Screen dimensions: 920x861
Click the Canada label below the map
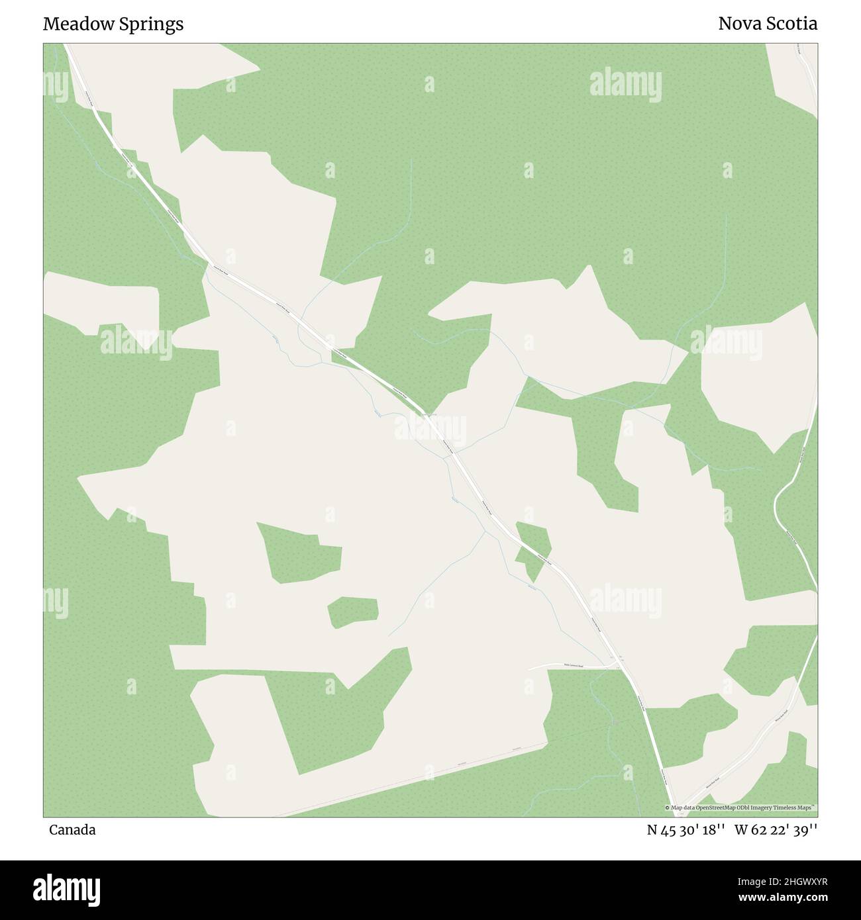[x=72, y=830]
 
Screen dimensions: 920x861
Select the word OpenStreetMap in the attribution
[x=705, y=808]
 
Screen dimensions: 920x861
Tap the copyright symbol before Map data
[x=667, y=808]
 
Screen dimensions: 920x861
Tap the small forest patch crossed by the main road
[x=532, y=548]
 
